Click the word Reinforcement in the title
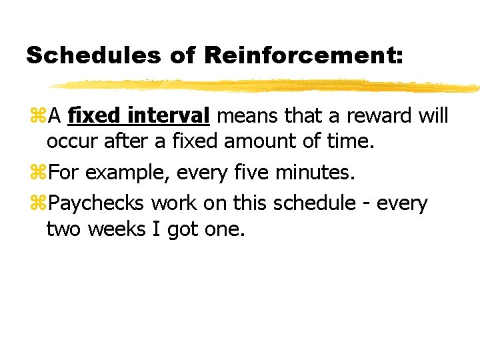coord(304,55)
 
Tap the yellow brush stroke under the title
coord(267,86)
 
